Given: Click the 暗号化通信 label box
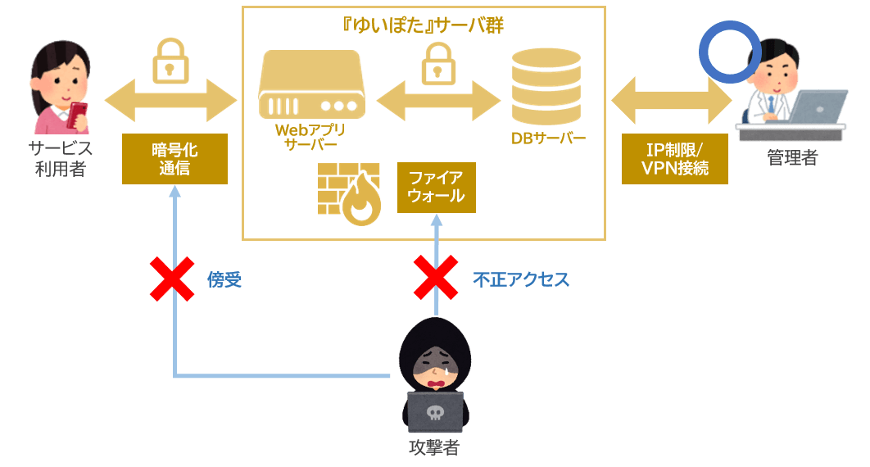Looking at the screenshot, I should click(x=174, y=159).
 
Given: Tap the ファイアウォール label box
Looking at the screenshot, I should click(x=436, y=187).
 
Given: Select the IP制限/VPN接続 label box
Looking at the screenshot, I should click(x=675, y=159).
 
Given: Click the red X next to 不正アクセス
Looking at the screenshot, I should click(x=435, y=279).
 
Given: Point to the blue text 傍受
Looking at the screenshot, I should click(x=224, y=280).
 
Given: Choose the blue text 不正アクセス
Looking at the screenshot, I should click(x=521, y=280).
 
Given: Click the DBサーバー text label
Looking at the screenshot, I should click(x=548, y=138).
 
